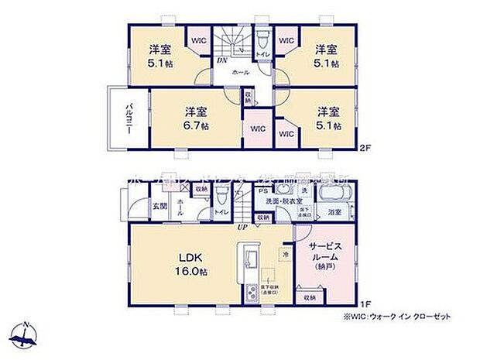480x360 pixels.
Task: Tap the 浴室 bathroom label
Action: (334, 211)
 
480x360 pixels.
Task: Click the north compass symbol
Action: (27, 334)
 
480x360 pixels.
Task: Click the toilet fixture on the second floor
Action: (262, 39)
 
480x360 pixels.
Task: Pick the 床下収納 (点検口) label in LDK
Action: (271, 290)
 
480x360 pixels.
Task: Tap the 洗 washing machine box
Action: (303, 191)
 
